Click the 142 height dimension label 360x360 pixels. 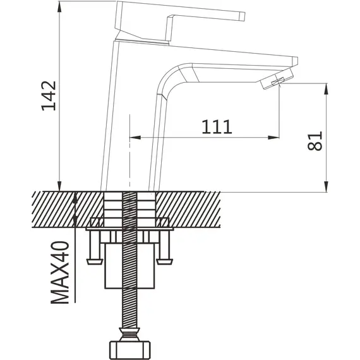[x=49, y=96]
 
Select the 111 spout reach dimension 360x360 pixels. [x=217, y=126]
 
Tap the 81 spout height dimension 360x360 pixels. [x=315, y=141]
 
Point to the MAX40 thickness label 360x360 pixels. [x=60, y=272]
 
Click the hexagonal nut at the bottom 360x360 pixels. [x=129, y=350]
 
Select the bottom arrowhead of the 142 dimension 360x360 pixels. [x=59, y=186]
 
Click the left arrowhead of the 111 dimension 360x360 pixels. [x=135, y=138]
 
